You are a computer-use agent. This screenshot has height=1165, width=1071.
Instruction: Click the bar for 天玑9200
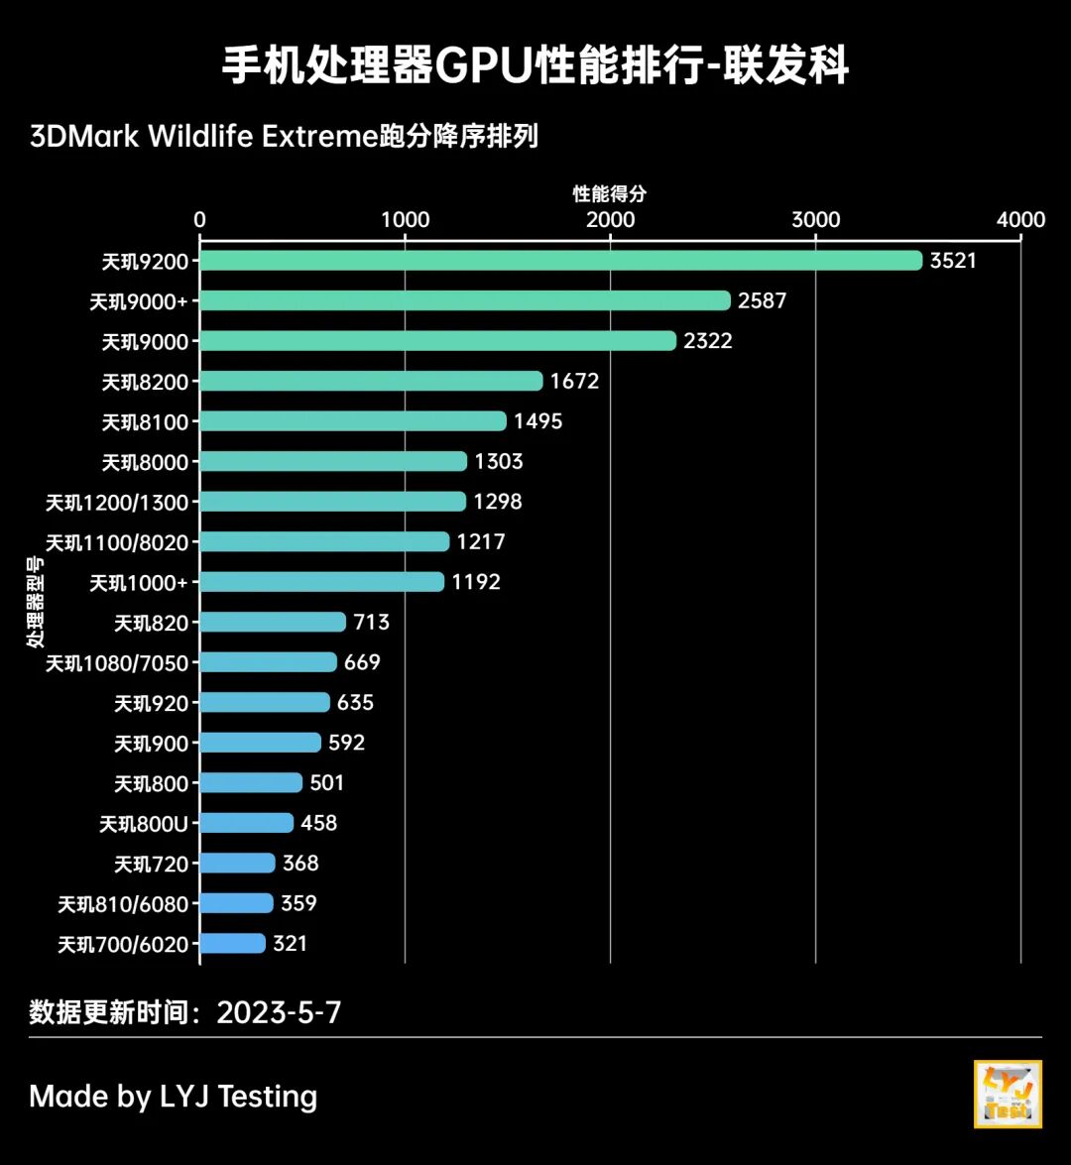point(561,261)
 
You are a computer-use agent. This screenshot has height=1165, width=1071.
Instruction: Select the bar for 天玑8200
point(372,381)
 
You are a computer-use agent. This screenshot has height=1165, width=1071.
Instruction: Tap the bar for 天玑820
point(273,622)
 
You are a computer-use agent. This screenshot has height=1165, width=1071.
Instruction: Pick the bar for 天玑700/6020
point(233,944)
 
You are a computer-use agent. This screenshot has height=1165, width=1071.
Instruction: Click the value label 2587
point(762,300)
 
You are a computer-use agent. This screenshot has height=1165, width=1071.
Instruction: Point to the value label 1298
point(498,502)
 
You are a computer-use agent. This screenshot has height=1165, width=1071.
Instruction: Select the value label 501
point(327,783)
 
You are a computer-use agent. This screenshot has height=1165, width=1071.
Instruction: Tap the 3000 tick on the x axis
point(815,220)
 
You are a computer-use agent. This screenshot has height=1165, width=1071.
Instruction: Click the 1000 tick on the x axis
point(406,220)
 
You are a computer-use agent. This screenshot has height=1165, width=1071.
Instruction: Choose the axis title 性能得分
point(609,194)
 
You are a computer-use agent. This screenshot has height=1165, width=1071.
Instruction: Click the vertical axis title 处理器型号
point(36,602)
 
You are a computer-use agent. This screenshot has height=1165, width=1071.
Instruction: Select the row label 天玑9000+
point(138,301)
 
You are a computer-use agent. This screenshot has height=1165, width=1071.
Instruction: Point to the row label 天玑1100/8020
point(116,542)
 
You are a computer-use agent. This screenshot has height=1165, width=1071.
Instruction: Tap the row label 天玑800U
point(144,824)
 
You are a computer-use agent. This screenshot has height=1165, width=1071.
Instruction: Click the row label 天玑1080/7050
point(116,663)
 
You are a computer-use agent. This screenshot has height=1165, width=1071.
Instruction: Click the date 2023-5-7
point(279,1012)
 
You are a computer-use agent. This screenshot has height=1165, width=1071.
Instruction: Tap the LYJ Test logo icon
point(1008,1094)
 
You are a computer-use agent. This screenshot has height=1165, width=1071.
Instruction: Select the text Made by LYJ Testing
point(174,1097)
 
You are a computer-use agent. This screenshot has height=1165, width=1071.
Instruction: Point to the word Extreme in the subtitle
point(319,136)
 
